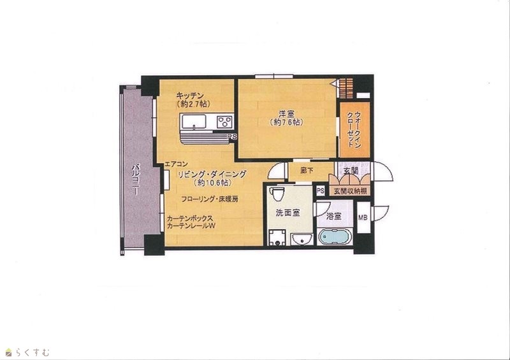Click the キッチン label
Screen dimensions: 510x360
(190, 96)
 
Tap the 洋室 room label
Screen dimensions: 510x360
(286, 114)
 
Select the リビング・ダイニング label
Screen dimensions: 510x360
(212, 175)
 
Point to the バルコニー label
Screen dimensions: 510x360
(136, 180)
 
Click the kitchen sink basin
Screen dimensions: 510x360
(194, 122)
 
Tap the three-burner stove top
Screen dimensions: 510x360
(225, 122)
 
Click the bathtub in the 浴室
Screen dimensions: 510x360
(335, 236)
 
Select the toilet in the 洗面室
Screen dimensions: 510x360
(277, 194)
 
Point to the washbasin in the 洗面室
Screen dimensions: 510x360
(302, 240)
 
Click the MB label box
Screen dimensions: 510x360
(363, 217)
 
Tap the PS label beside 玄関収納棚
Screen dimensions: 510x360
(321, 191)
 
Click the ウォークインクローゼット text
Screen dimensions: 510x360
(354, 130)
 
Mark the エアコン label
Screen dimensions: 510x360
(177, 164)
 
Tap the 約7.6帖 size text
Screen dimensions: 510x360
(286, 122)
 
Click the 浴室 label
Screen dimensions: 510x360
(333, 216)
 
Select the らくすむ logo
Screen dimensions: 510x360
(27, 352)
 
